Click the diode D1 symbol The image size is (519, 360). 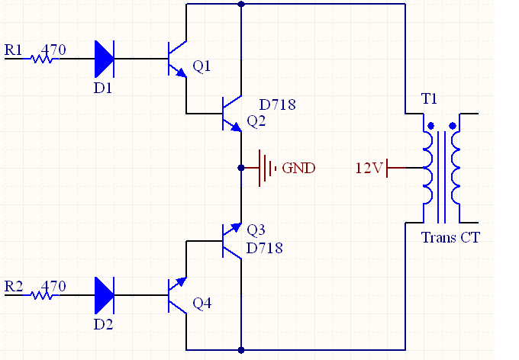[x=105, y=59]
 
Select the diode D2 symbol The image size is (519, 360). [x=105, y=295]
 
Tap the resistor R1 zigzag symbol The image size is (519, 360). [x=42, y=59]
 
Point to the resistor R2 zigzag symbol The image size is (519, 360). [x=42, y=295]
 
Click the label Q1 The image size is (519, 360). [x=201, y=66]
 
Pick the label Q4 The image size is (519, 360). [x=202, y=303]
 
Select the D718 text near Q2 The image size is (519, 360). [x=277, y=105]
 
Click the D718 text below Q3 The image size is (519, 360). [x=265, y=248]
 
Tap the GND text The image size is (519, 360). [x=298, y=168]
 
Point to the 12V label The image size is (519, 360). [x=369, y=168]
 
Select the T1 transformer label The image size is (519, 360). [x=429, y=99]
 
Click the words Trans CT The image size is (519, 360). [x=450, y=237]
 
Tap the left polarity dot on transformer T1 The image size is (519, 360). [x=430, y=126]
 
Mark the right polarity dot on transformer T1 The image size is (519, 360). [x=453, y=126]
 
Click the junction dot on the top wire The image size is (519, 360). [x=241, y=4]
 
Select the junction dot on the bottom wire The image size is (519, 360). [x=241, y=350]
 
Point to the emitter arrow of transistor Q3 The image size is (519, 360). [x=236, y=227]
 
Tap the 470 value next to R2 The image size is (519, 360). [x=53, y=286]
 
